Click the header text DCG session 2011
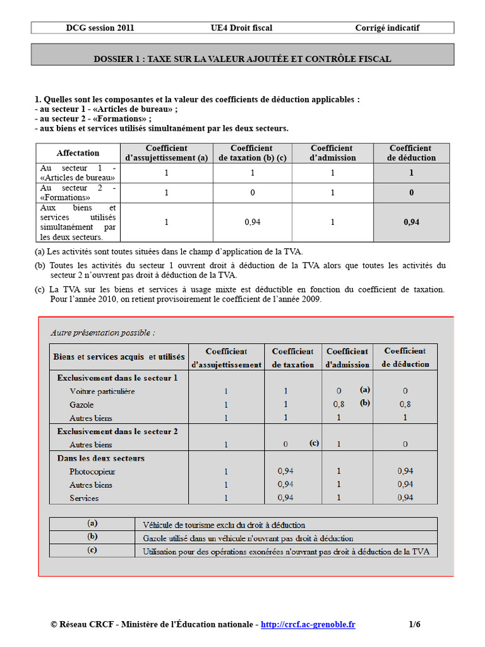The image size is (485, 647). pyautogui.click(x=100, y=28)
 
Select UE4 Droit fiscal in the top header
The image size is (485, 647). pyautogui.click(x=242, y=28)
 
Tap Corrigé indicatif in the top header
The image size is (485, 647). pyautogui.click(x=387, y=28)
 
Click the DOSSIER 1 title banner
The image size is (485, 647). pyautogui.click(x=242, y=59)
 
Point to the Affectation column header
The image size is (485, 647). pyautogui.click(x=78, y=153)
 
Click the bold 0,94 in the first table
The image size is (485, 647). pyautogui.click(x=411, y=222)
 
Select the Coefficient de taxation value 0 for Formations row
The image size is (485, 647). pyautogui.click(x=252, y=193)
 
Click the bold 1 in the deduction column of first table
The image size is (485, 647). pyautogui.click(x=411, y=172)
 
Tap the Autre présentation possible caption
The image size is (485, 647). pyautogui.click(x=103, y=332)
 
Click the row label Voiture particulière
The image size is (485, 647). pyautogui.click(x=102, y=391)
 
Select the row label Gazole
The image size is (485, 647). pyautogui.click(x=82, y=404)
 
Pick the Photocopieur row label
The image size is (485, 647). pyautogui.click(x=92, y=471)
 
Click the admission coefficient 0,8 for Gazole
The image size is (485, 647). pyautogui.click(x=339, y=404)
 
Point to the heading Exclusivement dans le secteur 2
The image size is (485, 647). pyautogui.click(x=117, y=431)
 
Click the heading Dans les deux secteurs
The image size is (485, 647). pyautogui.click(x=101, y=458)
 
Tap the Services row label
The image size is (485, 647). pyautogui.click(x=84, y=498)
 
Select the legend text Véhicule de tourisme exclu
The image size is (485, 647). pyautogui.click(x=224, y=524)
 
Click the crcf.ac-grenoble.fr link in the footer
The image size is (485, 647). pyautogui.click(x=308, y=624)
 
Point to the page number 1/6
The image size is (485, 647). pyautogui.click(x=414, y=624)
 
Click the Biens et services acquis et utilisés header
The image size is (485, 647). pyautogui.click(x=119, y=357)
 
